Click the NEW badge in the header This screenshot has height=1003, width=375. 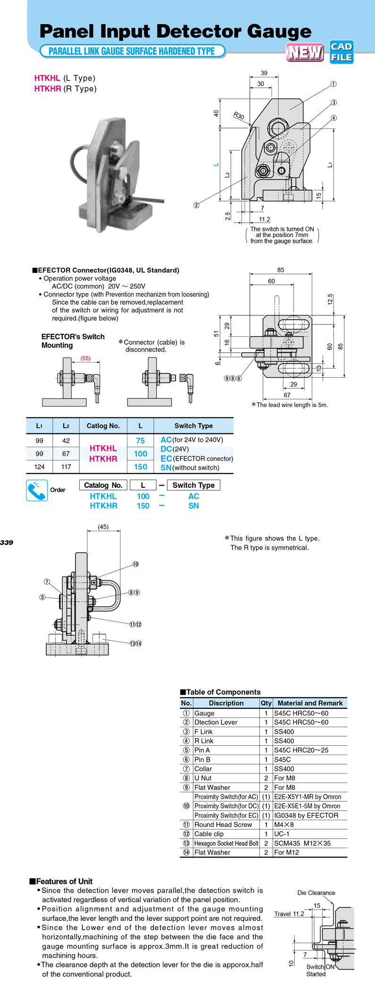[305, 52]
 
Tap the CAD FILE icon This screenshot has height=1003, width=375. [341, 52]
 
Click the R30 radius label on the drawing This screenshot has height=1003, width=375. [239, 116]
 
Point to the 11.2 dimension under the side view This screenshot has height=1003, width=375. [264, 220]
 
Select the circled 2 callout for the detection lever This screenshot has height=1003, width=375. [196, 205]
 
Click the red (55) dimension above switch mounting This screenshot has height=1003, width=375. [85, 358]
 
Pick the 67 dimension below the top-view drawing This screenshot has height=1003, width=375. [287, 395]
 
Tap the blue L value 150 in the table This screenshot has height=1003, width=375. [140, 467]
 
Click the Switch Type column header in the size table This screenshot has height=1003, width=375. [194, 425]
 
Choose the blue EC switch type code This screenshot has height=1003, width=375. [166, 459]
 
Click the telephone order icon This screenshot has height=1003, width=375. [37, 490]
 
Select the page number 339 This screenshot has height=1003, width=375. [7, 543]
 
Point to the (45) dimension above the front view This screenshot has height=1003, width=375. [103, 527]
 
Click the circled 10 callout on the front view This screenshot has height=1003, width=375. [136, 564]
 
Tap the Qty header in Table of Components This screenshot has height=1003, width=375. [266, 703]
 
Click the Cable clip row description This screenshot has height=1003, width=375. [209, 834]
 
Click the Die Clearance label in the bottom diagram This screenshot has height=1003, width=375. [316, 893]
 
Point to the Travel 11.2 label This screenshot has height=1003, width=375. [289, 914]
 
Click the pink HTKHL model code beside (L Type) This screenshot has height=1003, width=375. [47, 78]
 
